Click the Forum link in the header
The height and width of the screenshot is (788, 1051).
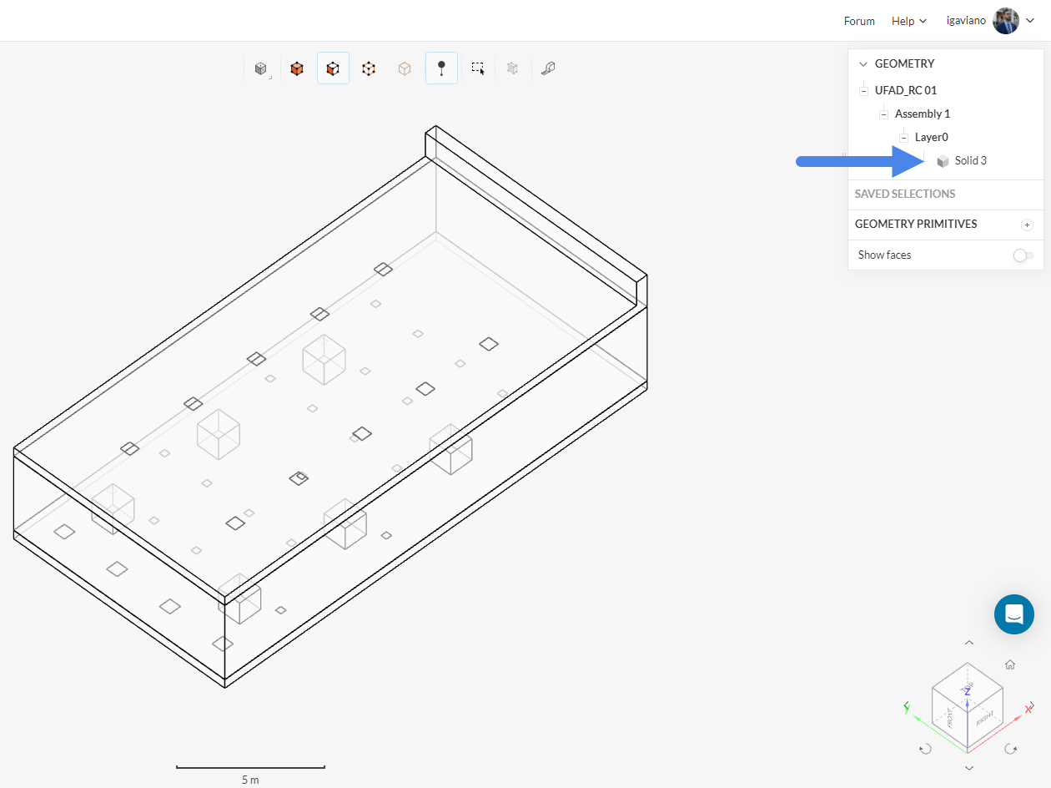[x=859, y=21]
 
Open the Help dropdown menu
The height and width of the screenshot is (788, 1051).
[x=908, y=21]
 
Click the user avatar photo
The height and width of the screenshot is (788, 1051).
[x=1006, y=21]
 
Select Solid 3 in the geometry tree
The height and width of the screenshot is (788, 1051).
[x=970, y=160]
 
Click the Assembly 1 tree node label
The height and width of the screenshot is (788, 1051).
[x=922, y=114]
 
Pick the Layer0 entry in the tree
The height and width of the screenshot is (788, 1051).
[x=931, y=137]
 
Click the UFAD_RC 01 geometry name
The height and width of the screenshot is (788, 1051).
[x=905, y=90]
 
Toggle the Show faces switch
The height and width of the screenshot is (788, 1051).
[x=1023, y=255]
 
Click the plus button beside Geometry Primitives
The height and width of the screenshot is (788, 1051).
[x=1027, y=225]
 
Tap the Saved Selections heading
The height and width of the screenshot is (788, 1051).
[x=904, y=194]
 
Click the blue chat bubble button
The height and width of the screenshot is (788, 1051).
[x=1014, y=614]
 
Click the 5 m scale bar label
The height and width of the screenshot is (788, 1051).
[x=250, y=780]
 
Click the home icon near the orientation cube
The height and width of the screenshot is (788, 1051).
[x=1010, y=664]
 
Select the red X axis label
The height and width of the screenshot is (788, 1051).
[x=1028, y=709]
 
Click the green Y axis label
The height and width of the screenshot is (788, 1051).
[x=907, y=708]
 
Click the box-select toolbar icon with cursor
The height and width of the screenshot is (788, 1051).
[x=478, y=68]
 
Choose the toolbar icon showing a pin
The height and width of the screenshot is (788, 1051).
[x=441, y=68]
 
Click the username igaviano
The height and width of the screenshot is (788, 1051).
[x=965, y=21]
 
